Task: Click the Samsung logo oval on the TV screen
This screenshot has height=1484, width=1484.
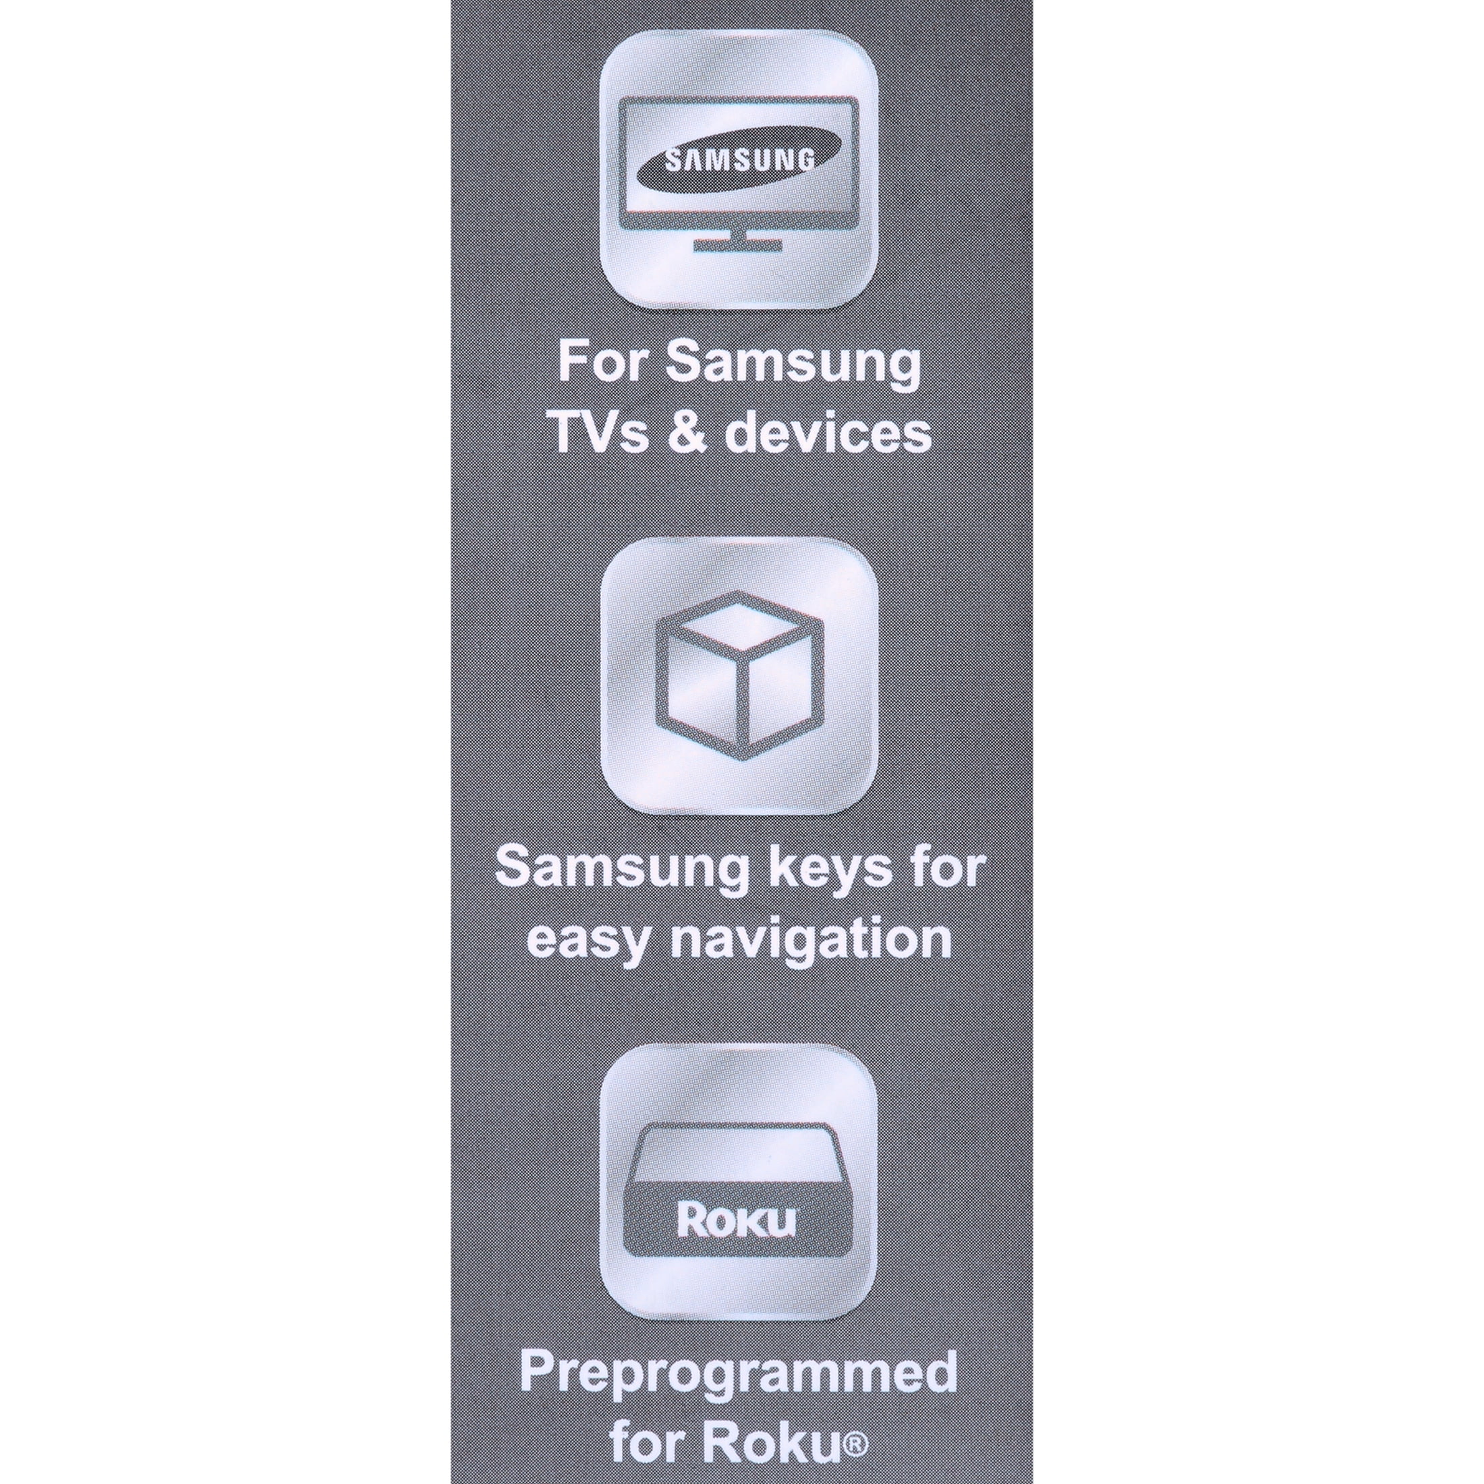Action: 738,161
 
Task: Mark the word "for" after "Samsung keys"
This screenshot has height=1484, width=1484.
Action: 952,867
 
